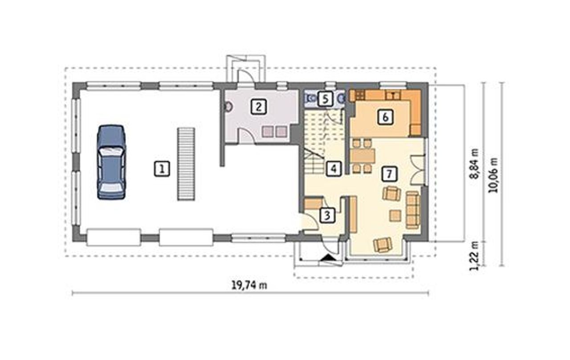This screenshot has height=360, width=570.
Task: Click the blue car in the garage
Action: pyautogui.click(x=111, y=162)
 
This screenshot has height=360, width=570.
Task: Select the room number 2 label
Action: pyautogui.click(x=259, y=106)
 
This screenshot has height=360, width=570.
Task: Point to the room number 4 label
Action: pyautogui.click(x=334, y=168)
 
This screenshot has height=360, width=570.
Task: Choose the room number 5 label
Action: pyautogui.click(x=326, y=99)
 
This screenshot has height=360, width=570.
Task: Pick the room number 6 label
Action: pyautogui.click(x=385, y=117)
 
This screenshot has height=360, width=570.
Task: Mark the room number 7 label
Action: pyautogui.click(x=389, y=174)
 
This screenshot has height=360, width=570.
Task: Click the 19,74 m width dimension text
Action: pyautogui.click(x=249, y=286)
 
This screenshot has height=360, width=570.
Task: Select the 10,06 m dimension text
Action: pyautogui.click(x=493, y=175)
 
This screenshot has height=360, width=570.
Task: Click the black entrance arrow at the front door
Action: pyautogui.click(x=327, y=258)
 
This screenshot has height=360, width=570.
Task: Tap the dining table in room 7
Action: pyautogui.click(x=362, y=156)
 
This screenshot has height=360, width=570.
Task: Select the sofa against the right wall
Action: pyautogui.click(x=412, y=210)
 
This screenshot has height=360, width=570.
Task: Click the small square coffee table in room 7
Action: pyautogui.click(x=395, y=216)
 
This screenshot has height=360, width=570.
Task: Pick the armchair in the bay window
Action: pyautogui.click(x=383, y=245)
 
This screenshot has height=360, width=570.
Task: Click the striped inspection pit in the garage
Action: pyautogui.click(x=186, y=164)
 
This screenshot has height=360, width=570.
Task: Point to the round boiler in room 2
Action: pyautogui.click(x=228, y=106)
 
